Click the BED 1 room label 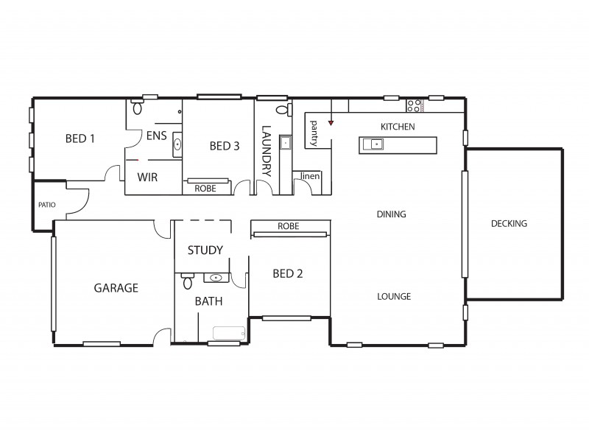click(80, 138)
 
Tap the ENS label click(156, 136)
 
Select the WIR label click(148, 178)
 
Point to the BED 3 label click(225, 146)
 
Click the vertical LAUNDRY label click(267, 150)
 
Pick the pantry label click(314, 133)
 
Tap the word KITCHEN click(398, 127)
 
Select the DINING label click(392, 214)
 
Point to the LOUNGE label click(394, 297)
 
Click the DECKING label click(509, 224)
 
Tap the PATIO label click(47, 206)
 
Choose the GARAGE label click(116, 288)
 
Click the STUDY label click(205, 250)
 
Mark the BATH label click(208, 301)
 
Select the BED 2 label click(288, 273)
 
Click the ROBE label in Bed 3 click(205, 189)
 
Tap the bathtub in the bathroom click(226, 333)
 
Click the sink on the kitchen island click(375, 144)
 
